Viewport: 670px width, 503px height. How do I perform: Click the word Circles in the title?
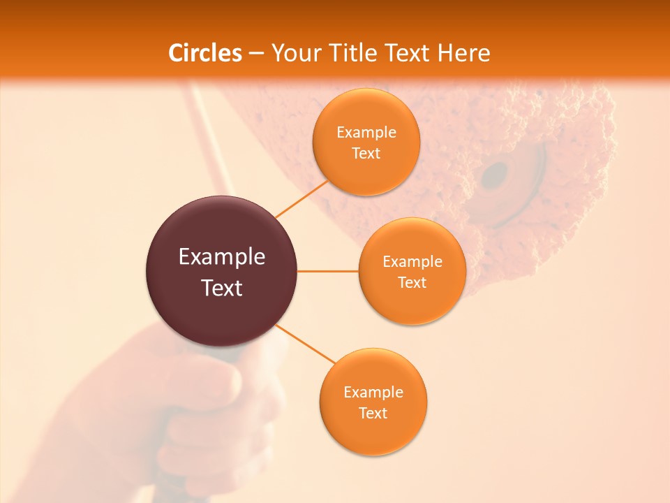tap(205, 53)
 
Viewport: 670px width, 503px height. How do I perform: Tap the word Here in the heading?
tap(463, 53)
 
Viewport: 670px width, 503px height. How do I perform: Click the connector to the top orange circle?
tap(301, 199)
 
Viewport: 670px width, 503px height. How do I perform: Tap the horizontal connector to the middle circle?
tap(327, 271)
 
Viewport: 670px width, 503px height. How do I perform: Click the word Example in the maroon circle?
tap(221, 257)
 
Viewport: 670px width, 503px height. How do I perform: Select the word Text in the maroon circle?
tap(221, 288)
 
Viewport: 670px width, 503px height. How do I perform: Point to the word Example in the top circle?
tap(366, 133)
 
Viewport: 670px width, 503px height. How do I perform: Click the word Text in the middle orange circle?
tap(412, 282)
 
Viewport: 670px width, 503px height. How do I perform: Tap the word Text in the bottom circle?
tap(373, 413)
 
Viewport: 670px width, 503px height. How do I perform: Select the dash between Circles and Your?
tap(255, 53)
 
